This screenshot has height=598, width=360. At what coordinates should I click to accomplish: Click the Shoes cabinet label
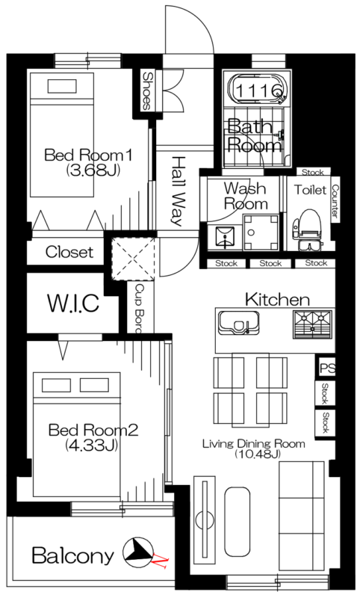click(x=146, y=90)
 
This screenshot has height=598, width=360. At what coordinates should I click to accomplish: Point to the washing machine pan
click(x=261, y=232)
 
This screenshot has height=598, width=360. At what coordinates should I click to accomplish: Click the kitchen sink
click(x=238, y=323)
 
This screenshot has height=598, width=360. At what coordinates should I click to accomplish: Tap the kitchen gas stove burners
click(x=312, y=324)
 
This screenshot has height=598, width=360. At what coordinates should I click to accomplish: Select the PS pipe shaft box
click(x=327, y=369)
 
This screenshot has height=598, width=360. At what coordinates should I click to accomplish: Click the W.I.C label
click(x=73, y=303)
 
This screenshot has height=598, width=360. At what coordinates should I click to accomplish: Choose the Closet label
click(x=69, y=252)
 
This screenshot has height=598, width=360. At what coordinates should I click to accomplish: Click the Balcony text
click(x=72, y=555)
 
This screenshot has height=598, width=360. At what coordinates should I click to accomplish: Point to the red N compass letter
click(x=161, y=562)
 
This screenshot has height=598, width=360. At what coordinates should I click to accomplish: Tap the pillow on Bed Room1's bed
click(x=62, y=86)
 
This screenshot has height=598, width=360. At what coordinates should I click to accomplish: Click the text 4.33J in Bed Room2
click(x=90, y=445)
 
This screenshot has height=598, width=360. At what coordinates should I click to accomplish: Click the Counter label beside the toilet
click(x=335, y=201)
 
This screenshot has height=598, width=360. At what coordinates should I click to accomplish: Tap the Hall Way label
click(x=176, y=191)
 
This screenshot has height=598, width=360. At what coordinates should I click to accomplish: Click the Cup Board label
click(x=140, y=308)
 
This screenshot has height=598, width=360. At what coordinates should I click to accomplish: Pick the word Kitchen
click(x=277, y=300)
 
